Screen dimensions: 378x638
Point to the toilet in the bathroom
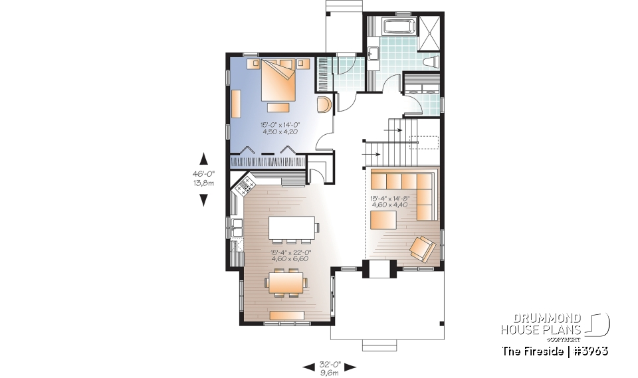[431, 62]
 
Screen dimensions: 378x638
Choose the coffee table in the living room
[383, 219]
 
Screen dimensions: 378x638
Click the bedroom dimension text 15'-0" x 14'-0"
[278, 128]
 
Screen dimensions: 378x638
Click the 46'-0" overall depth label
[203, 179]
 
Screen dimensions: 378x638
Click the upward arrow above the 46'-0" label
[204, 159]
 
